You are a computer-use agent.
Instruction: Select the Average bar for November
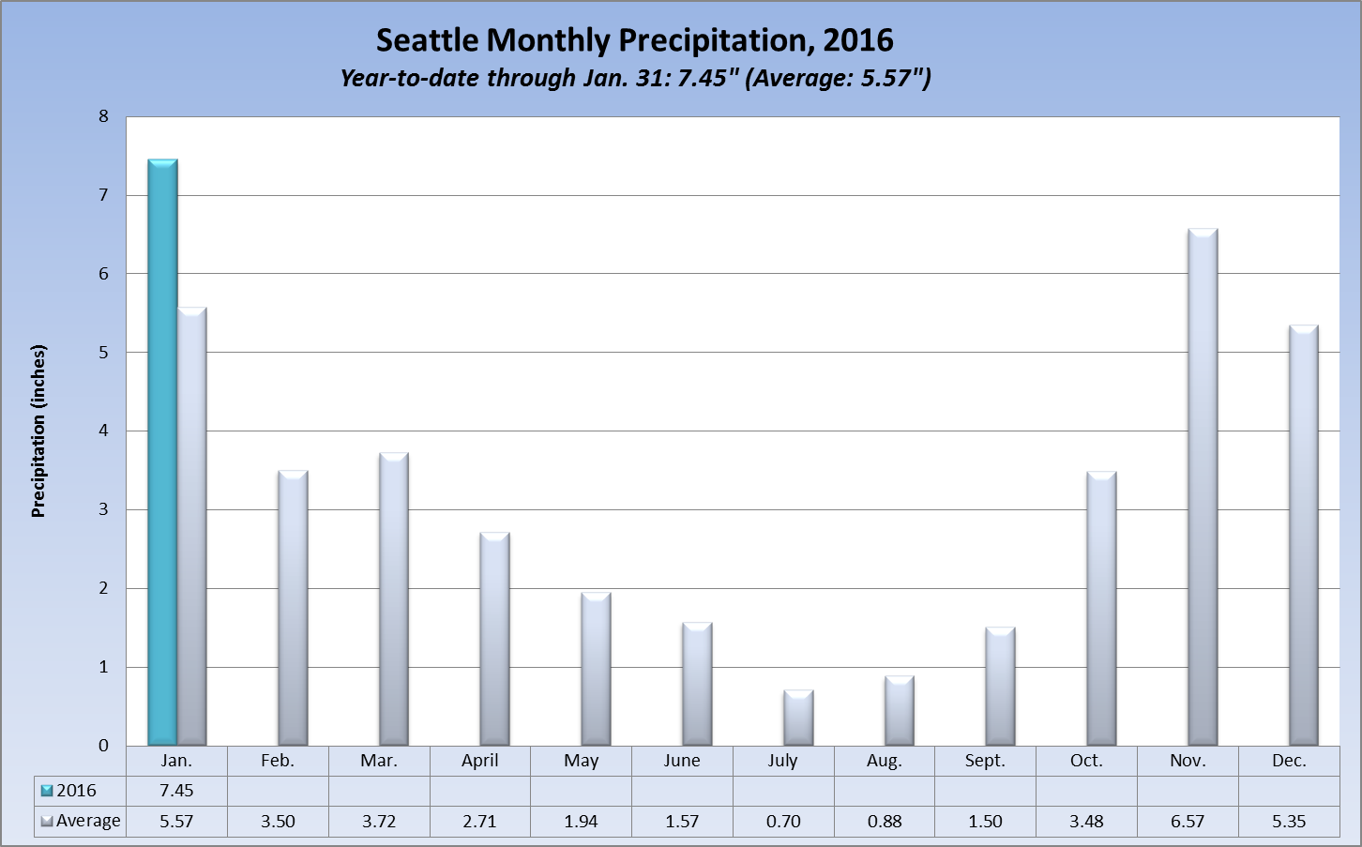click(x=1203, y=488)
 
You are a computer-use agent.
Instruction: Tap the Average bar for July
click(x=798, y=718)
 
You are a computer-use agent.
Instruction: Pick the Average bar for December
click(x=1304, y=536)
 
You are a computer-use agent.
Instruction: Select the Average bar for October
click(x=1101, y=609)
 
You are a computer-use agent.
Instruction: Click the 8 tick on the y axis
click(x=103, y=116)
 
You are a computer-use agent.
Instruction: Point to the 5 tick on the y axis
click(x=103, y=353)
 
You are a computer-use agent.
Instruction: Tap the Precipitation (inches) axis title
click(x=38, y=431)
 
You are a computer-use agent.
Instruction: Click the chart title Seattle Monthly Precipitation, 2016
click(x=634, y=40)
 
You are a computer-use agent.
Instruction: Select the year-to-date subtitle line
click(x=634, y=78)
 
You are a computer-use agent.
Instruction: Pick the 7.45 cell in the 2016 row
click(x=176, y=791)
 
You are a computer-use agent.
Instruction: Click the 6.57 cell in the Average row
click(x=1188, y=822)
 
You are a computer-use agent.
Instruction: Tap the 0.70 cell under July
click(x=783, y=822)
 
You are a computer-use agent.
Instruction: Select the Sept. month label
click(x=985, y=761)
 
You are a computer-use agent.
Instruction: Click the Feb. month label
click(x=278, y=761)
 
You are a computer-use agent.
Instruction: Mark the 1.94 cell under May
click(x=582, y=822)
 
